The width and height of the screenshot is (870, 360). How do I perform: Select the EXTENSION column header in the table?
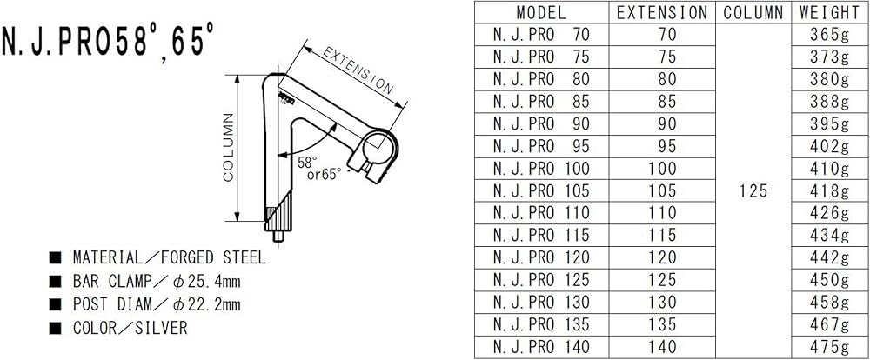662,12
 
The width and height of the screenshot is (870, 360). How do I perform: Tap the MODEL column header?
541,12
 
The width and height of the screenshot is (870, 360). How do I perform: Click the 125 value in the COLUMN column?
753,191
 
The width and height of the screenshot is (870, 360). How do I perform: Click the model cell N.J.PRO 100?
541,169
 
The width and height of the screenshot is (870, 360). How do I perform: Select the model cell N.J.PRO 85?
541,102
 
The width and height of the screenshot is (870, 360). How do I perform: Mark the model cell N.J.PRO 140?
541,346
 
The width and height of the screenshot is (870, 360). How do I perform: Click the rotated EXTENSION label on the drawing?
358,71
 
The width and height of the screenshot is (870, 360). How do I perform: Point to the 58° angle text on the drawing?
307,162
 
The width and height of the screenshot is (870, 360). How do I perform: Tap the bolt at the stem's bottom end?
277,235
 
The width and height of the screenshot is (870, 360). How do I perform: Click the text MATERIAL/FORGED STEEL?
169,258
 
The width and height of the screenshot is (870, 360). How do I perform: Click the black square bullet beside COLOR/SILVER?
56,329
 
